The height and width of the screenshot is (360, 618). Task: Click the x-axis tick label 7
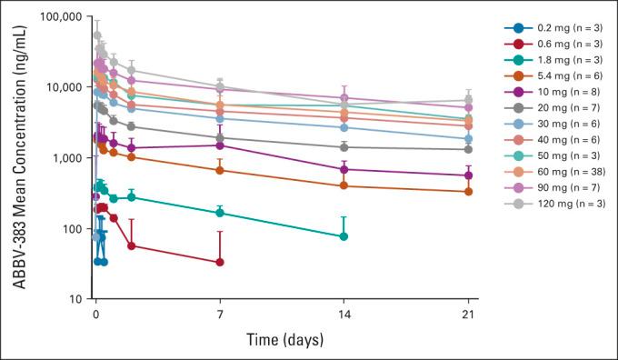(220, 311)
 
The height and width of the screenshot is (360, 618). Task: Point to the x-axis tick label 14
(344, 311)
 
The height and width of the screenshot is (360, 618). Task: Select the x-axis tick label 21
(469, 311)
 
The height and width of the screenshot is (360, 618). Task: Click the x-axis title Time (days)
(283, 339)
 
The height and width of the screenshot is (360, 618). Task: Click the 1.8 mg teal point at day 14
(344, 236)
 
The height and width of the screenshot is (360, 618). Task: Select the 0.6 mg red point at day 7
(220, 263)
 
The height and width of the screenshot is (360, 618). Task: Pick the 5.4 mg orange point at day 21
(469, 191)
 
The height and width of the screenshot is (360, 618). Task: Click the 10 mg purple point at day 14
(344, 169)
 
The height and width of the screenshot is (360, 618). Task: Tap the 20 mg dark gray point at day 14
(344, 147)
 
